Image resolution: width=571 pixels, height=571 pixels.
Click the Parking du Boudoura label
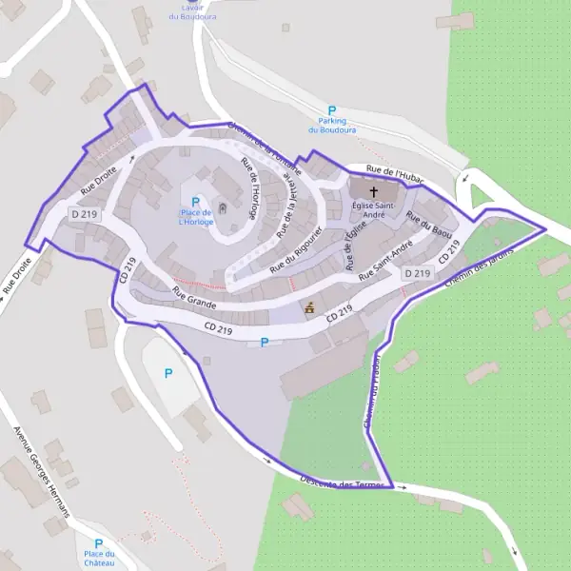tap(332, 127)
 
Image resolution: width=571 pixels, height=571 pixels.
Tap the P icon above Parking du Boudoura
tap(332, 110)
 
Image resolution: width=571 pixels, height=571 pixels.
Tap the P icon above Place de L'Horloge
tap(196, 202)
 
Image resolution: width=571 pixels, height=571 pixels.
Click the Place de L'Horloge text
tap(195, 217)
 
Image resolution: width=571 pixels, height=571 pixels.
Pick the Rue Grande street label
tap(194, 297)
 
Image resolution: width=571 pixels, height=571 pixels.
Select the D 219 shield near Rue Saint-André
tap(417, 273)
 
